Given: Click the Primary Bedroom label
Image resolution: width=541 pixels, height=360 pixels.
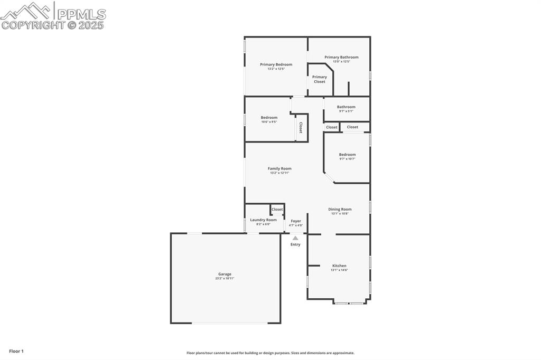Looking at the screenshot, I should (276, 64).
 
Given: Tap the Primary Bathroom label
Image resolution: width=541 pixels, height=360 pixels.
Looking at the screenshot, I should (341, 57).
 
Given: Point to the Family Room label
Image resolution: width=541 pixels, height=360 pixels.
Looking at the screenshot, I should (279, 168).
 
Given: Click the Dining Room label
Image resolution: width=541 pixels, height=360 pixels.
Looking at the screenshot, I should (340, 209).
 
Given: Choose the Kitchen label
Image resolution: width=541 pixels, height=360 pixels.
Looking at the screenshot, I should (339, 266).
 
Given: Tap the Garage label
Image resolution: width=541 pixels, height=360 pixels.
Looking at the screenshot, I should (225, 274).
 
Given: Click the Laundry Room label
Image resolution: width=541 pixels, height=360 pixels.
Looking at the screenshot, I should (263, 220).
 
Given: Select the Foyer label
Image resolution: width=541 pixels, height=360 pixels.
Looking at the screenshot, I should (296, 221).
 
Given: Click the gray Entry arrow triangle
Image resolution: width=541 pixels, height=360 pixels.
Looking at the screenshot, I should (295, 238).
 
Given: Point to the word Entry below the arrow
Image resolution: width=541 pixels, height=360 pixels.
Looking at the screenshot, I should (295, 244).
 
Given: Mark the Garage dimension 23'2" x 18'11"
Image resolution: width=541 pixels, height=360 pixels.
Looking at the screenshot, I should (225, 278).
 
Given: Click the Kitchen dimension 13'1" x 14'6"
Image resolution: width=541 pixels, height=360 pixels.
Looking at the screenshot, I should (339, 270).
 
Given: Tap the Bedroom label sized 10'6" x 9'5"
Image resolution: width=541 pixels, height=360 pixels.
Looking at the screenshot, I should (269, 117).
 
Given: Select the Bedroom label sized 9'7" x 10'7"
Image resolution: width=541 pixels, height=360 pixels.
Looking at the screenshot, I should (347, 155).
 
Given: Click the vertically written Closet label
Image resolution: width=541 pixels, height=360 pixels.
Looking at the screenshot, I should (301, 128).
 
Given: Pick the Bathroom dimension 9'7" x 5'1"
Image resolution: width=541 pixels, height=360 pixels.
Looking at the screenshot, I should (346, 111).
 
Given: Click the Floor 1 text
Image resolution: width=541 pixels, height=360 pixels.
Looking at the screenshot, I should (16, 351).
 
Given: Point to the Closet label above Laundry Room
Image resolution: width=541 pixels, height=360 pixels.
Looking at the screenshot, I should (277, 210).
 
